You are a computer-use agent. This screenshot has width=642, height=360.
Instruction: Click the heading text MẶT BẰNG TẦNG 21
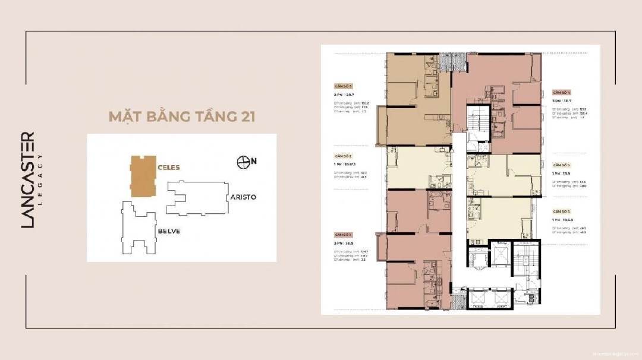pyautogui.click(x=181, y=116)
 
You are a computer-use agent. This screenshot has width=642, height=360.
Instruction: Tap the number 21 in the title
pyautogui.click(x=246, y=116)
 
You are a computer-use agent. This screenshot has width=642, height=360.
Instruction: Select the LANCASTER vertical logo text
pyautogui.click(x=28, y=180)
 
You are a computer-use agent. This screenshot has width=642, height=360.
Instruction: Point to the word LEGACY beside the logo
pyautogui.click(x=40, y=180)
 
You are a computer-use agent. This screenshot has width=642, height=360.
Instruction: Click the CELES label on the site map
pyautogui.click(x=169, y=168)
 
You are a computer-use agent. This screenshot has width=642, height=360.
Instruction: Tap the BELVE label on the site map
pyautogui.click(x=169, y=230)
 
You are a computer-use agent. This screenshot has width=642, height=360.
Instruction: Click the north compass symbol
pyautogui.click(x=243, y=160)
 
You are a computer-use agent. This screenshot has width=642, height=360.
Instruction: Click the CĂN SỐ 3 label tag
pyautogui.click(x=344, y=86)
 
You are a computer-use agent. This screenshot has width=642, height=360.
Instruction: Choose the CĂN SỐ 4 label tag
pyautogui.click(x=562, y=93)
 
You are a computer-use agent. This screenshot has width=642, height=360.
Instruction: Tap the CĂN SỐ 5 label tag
pyautogui.click(x=562, y=165)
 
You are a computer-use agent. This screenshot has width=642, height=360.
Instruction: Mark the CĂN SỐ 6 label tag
pyautogui.click(x=562, y=211)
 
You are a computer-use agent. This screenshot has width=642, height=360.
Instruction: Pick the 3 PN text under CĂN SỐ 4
pyautogui.click(x=556, y=102)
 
